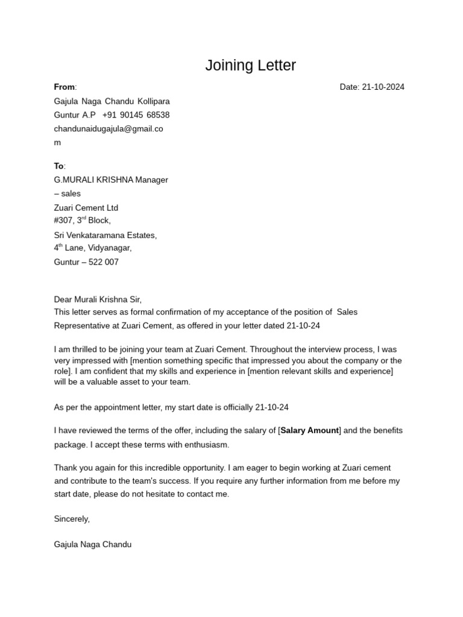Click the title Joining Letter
click(x=250, y=65)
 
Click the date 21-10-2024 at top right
click(x=383, y=87)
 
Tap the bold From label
click(x=65, y=87)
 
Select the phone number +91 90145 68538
click(x=136, y=115)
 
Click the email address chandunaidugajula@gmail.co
click(x=109, y=129)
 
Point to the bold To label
click(x=59, y=166)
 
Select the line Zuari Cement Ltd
click(x=86, y=208)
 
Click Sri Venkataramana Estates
click(x=105, y=236)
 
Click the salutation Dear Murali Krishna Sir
click(x=98, y=299)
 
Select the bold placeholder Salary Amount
click(x=310, y=431)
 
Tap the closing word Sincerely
click(x=72, y=519)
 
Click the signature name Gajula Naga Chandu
click(x=93, y=545)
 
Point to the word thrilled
click(x=85, y=349)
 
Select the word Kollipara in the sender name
click(x=154, y=101)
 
